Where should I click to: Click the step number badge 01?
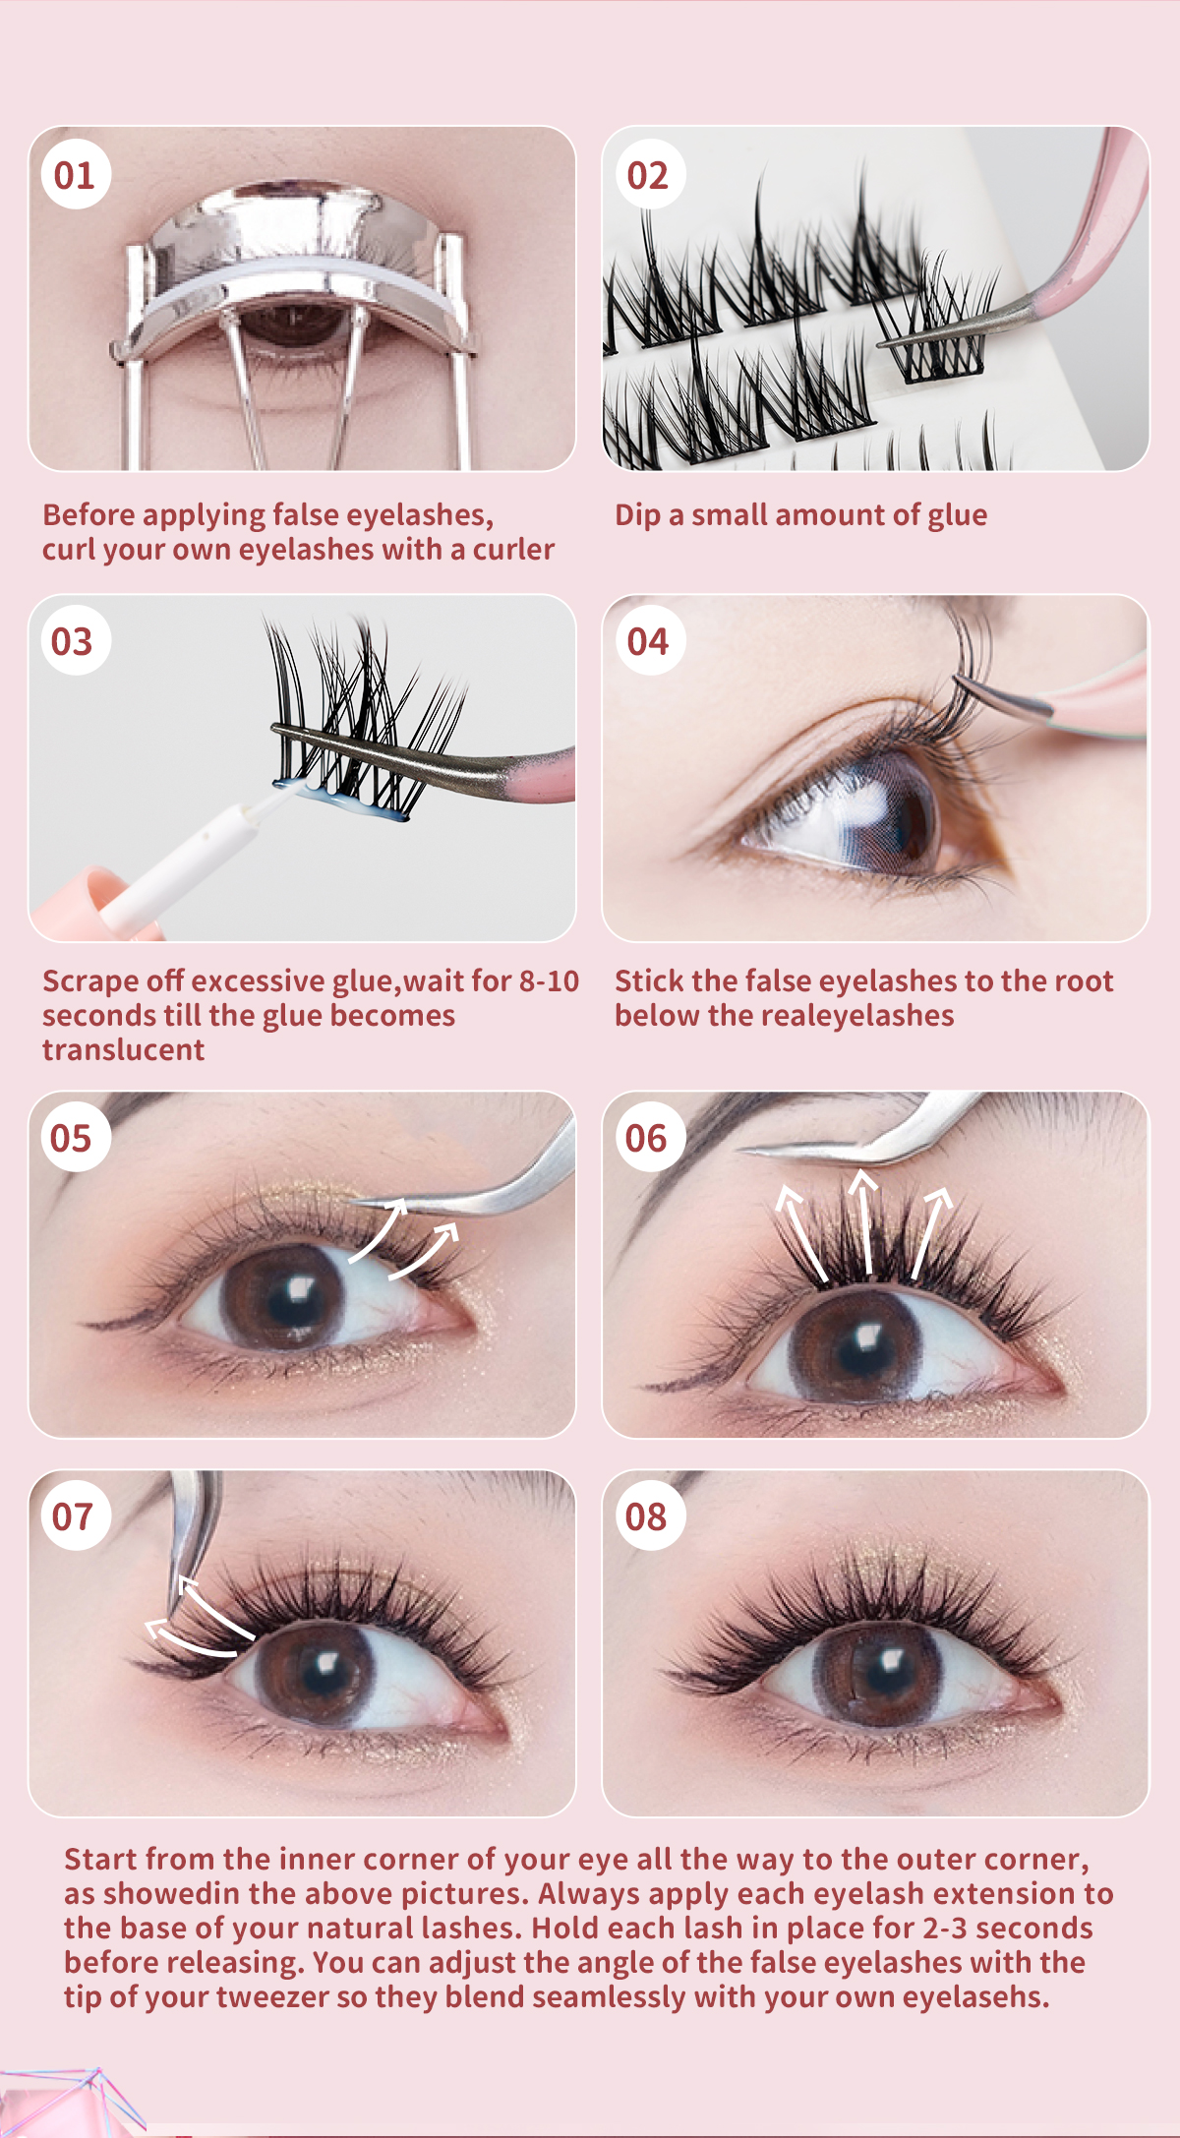pos(75,176)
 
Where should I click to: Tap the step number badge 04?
pos(647,642)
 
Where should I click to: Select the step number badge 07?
pos(72,1516)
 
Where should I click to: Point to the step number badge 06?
pos(646,1138)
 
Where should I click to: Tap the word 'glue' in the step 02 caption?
pos(956,515)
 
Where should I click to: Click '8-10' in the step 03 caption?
pos(549,981)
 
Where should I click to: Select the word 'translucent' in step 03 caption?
pos(123,1050)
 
